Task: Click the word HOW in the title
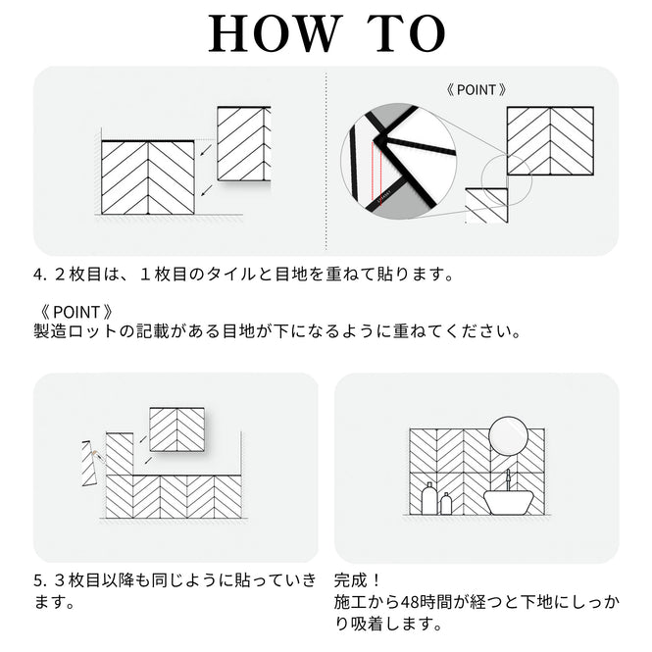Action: pyautogui.click(x=273, y=33)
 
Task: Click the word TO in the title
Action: pyautogui.click(x=406, y=33)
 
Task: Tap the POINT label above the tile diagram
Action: pyautogui.click(x=476, y=90)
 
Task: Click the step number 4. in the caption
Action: pyautogui.click(x=39, y=275)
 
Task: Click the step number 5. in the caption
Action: pyautogui.click(x=39, y=580)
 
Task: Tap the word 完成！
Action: pyautogui.click(x=357, y=580)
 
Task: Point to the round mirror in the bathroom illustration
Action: pyautogui.click(x=508, y=436)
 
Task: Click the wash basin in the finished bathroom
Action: pyautogui.click(x=509, y=502)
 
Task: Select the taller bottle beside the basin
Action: pyautogui.click(x=428, y=499)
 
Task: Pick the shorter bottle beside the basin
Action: pyautogui.click(x=446, y=504)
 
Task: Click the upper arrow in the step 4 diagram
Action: pyautogui.click(x=206, y=150)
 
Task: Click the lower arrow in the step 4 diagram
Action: pyautogui.click(x=206, y=190)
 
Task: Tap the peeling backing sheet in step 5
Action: pyautogui.click(x=90, y=463)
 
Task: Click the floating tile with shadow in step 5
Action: pyautogui.click(x=177, y=429)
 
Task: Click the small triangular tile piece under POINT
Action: pyautogui.click(x=486, y=206)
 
